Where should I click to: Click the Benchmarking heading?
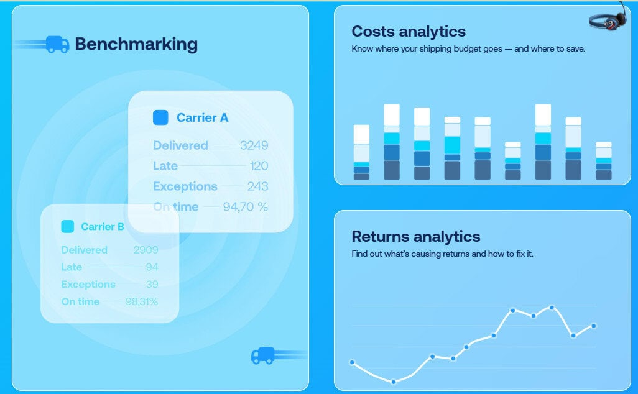tap(136, 44)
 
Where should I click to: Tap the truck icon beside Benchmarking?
tap(57, 44)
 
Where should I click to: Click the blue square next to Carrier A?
tap(160, 117)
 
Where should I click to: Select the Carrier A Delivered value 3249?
tap(254, 145)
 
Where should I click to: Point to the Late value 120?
tap(259, 166)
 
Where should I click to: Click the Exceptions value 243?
tap(257, 186)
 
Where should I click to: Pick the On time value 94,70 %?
tap(245, 207)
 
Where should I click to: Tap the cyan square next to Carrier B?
tap(67, 227)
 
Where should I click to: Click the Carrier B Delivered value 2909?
tap(146, 250)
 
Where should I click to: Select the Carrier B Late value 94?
tap(152, 267)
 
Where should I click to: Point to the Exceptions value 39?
tap(152, 284)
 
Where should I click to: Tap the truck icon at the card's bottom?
tap(263, 355)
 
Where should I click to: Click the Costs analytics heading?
tap(408, 32)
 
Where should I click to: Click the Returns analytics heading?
tap(415, 237)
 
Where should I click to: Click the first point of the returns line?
tap(352, 362)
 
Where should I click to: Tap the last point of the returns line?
tap(594, 326)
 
